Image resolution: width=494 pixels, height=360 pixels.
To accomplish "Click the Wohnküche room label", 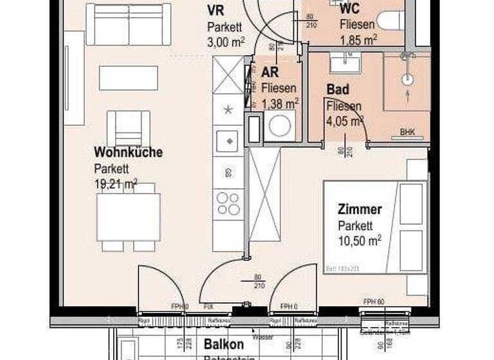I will [128, 152].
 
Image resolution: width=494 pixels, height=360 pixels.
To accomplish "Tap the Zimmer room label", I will [360, 210].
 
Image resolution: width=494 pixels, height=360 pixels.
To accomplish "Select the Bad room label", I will [337, 89].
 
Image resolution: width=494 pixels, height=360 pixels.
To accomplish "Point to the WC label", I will [349, 8].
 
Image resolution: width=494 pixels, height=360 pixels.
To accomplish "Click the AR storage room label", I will [270, 72].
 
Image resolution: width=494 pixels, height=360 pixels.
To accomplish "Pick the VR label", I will [215, 10].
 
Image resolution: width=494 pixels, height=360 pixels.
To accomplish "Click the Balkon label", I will [224, 344].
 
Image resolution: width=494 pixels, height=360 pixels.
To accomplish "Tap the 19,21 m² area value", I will [115, 184].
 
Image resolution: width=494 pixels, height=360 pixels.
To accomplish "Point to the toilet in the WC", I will [390, 20].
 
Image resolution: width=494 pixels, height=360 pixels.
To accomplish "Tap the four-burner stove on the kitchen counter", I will [228, 204].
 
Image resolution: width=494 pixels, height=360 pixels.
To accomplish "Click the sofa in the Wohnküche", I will [129, 24].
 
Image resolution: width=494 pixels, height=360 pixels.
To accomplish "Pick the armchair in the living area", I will [128, 127].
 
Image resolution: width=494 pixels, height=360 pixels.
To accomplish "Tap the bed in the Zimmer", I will [375, 226].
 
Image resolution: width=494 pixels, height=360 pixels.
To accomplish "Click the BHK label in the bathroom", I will [407, 132].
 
